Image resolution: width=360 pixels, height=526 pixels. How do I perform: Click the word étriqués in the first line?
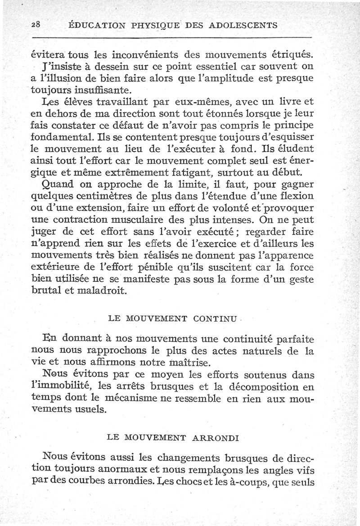coord(288,55)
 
